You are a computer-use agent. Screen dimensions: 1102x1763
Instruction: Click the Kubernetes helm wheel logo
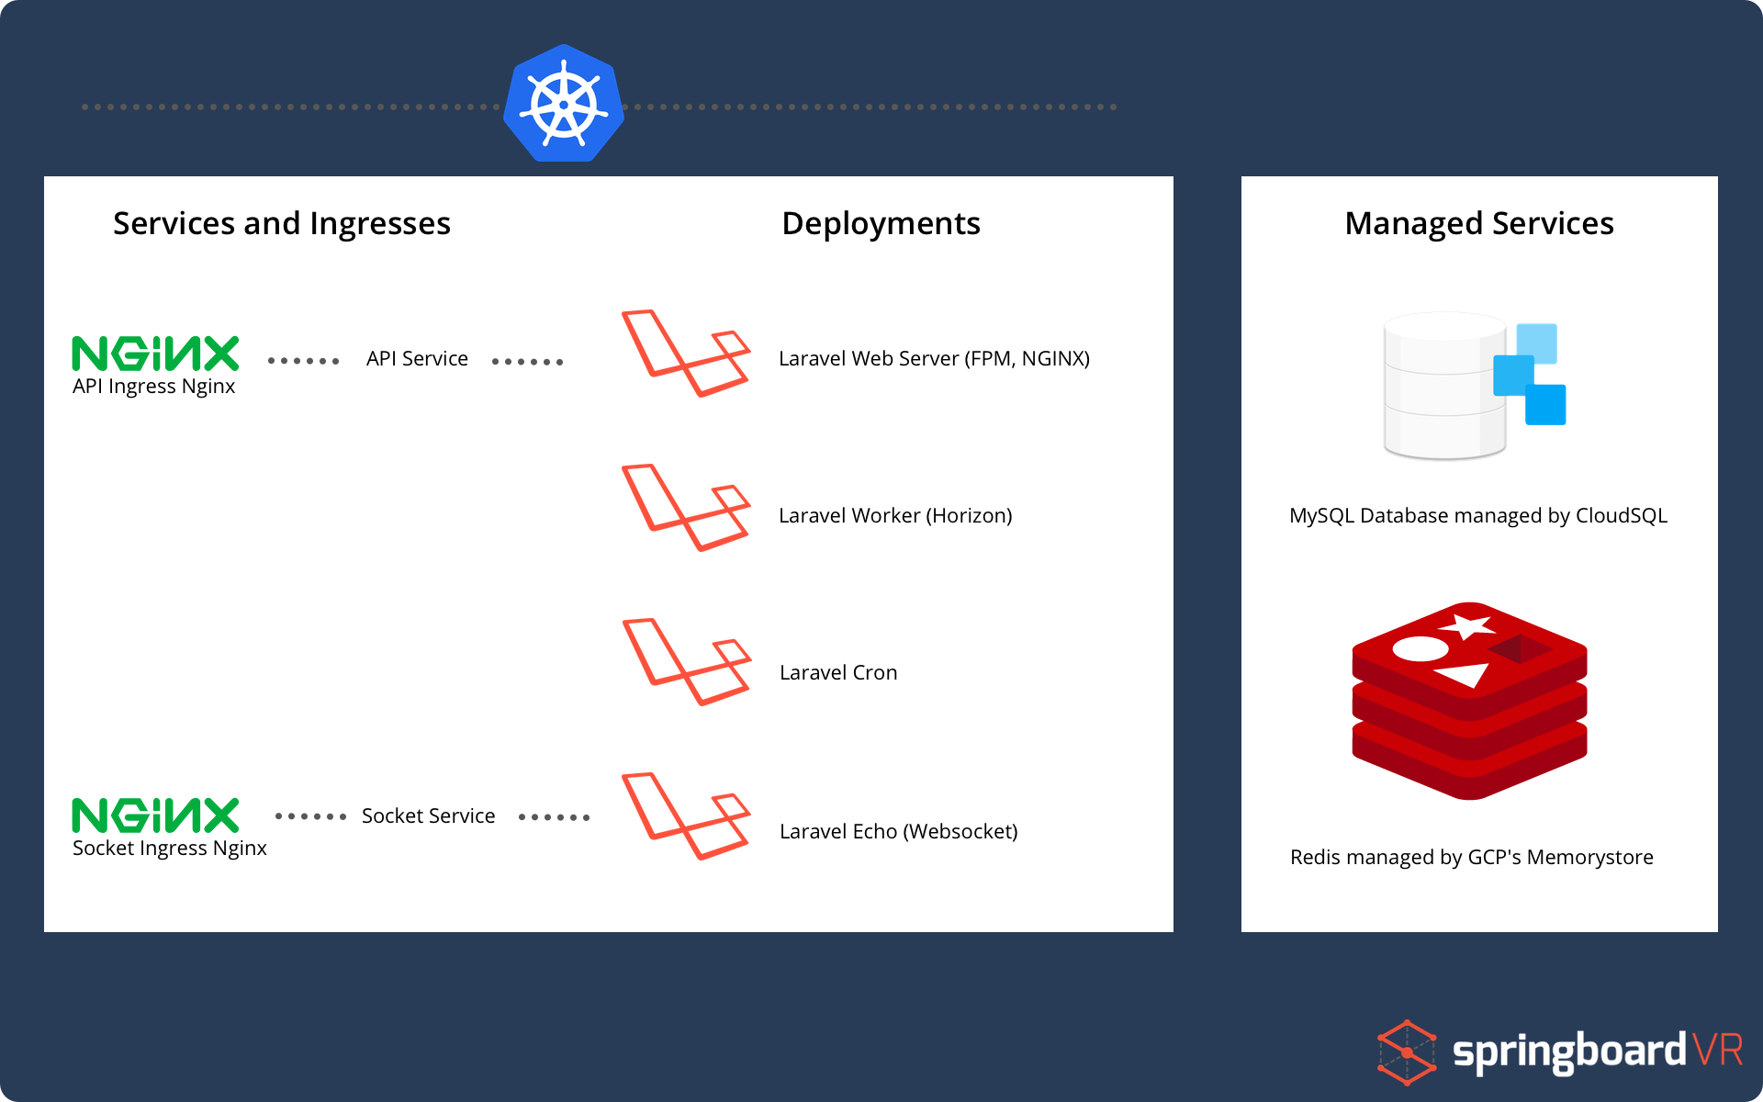coord(564,104)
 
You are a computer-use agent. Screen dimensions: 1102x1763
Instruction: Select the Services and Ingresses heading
coord(281,223)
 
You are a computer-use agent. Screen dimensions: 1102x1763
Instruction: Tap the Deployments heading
coord(881,223)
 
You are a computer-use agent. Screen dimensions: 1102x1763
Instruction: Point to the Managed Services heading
coord(1478,223)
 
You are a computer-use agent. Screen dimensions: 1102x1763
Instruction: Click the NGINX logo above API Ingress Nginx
coord(155,354)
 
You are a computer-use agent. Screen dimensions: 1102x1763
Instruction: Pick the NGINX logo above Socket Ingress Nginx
coord(155,815)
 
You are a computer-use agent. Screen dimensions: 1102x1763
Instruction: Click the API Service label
coord(417,358)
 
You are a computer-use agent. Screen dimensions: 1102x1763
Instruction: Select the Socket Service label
coord(428,815)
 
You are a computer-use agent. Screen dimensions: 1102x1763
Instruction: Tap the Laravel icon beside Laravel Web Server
coord(686,354)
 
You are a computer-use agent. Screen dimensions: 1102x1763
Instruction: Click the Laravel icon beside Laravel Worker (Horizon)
coord(686,508)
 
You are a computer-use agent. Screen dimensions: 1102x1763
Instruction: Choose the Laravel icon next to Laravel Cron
coord(686,662)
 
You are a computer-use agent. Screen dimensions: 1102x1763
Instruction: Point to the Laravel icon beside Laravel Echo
coord(686,816)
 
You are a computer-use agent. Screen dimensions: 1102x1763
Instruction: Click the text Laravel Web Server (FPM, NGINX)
coord(934,358)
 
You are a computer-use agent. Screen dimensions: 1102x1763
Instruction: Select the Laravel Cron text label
coord(838,672)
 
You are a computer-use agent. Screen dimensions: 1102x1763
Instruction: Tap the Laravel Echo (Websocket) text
coord(898,831)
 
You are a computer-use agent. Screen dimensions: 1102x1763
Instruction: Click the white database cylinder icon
coord(1443,386)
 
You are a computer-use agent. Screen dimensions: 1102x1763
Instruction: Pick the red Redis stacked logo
coord(1469,703)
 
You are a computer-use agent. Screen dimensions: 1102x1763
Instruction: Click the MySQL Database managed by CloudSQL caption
coord(1477,515)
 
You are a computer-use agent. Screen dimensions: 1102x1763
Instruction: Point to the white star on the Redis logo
coord(1466,627)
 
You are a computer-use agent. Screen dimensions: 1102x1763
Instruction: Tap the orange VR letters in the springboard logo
coord(1716,1049)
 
